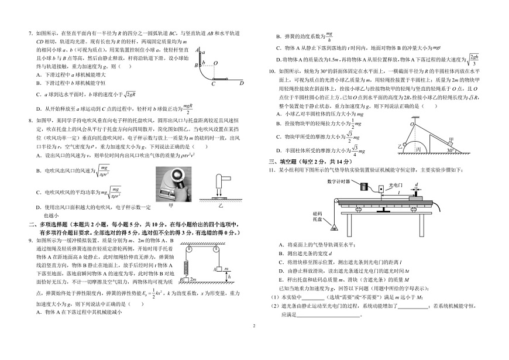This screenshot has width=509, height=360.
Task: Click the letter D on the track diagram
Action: pos(240,84)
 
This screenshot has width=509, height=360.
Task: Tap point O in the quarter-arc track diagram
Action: pos(215,63)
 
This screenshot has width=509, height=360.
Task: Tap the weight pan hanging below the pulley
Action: pos(334,226)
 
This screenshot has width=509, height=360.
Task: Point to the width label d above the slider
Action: pos(416,184)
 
